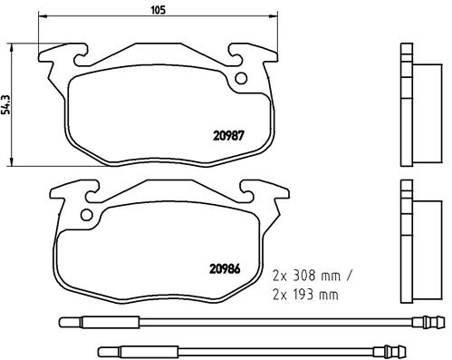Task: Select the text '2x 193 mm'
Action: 304,295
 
